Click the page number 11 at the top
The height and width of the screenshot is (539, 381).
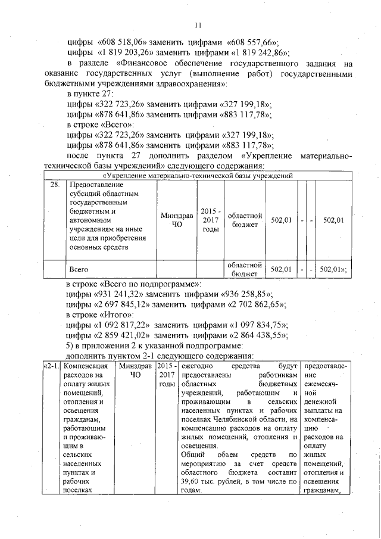point(198,25)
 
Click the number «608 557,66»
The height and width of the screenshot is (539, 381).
point(253,42)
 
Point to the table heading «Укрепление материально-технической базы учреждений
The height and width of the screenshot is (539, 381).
point(198,176)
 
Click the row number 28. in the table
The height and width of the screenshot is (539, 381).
point(54,185)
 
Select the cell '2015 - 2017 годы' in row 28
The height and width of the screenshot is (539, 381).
point(211,220)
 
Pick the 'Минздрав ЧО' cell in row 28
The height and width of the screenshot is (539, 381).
point(176,220)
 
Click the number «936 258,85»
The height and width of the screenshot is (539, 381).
point(246,294)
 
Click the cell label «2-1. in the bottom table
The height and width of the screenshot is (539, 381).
point(51,365)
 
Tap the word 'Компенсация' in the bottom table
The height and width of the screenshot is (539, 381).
point(85,365)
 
